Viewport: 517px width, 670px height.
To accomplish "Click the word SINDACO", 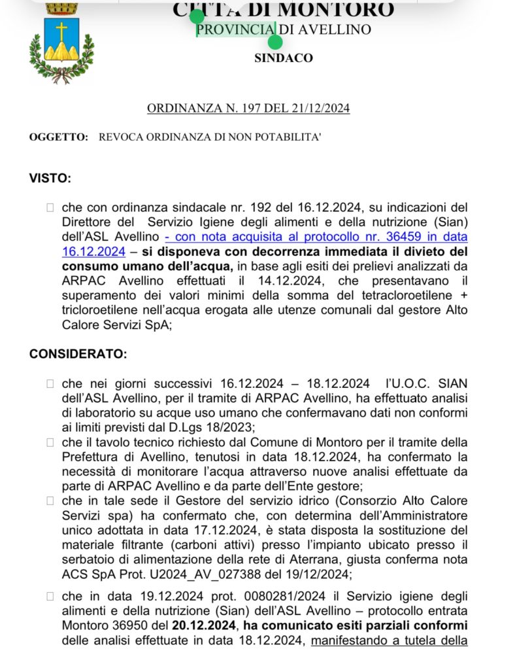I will click(284, 58).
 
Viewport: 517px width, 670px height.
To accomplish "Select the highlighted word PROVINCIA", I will click(235, 29).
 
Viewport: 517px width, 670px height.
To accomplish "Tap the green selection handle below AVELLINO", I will click(275, 43).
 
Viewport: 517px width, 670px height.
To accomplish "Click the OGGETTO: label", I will click(58, 137).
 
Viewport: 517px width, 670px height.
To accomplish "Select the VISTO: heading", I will click(50, 178).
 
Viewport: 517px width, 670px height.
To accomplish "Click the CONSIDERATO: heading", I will click(78, 354).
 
